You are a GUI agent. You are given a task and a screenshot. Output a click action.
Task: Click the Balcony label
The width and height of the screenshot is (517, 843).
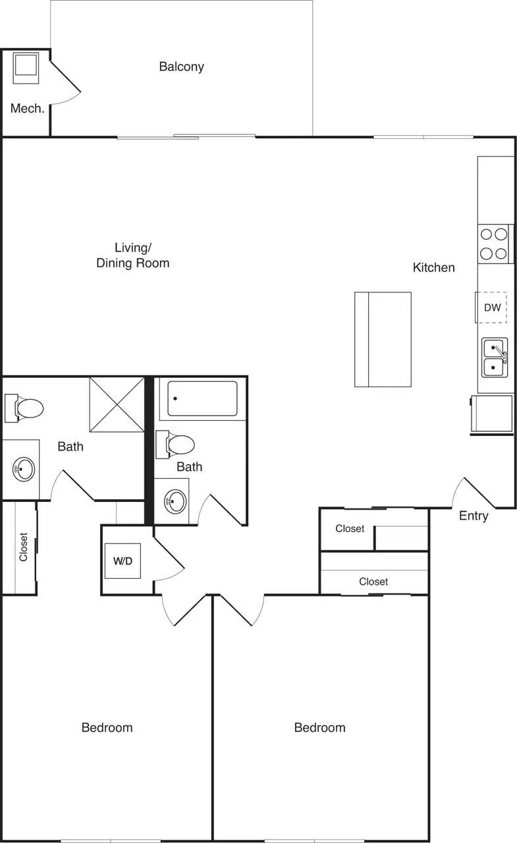point(181,67)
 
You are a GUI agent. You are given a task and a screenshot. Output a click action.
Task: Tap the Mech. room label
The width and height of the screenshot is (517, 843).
point(27,109)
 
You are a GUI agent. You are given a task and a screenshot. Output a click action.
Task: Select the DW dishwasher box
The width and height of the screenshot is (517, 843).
point(492,308)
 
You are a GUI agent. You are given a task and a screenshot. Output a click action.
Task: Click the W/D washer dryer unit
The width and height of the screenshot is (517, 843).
point(122,561)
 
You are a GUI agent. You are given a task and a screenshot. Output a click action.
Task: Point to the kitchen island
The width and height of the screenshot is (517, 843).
point(383,339)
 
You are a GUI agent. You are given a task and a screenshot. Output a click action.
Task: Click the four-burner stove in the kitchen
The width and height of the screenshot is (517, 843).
point(493,243)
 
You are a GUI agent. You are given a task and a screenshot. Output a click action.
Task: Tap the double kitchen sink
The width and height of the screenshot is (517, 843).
point(494,357)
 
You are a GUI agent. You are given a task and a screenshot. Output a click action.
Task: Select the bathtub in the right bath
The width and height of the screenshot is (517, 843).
point(202,398)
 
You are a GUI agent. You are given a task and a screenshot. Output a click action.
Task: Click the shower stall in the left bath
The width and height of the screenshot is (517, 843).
point(117,404)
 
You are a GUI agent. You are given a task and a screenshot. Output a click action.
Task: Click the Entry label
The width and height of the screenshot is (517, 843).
point(473,516)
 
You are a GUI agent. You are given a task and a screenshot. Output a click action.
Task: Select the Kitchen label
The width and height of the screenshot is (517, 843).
point(433,267)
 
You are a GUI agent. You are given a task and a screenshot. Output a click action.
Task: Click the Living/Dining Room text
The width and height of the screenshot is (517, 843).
point(133,256)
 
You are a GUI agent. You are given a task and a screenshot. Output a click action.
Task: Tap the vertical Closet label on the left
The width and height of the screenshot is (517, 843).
point(24,547)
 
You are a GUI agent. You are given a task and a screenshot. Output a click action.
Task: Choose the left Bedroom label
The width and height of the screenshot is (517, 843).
point(107,728)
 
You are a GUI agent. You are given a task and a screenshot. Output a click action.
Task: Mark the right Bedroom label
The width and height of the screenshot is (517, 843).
point(319,728)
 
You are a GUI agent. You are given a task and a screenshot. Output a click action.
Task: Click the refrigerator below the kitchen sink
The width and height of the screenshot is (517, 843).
point(492,414)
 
